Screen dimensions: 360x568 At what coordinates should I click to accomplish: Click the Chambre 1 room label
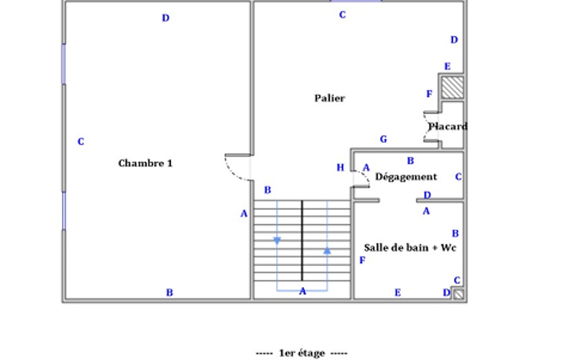tap(145, 163)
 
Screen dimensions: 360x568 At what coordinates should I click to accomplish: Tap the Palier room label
tap(330, 98)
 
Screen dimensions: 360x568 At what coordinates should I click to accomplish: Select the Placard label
tap(448, 126)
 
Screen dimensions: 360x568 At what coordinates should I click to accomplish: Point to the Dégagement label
tap(406, 177)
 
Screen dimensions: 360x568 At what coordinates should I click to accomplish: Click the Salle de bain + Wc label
tap(410, 248)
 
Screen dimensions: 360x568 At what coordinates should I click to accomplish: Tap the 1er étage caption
tap(302, 353)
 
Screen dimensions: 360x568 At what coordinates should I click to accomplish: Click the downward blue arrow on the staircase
tap(277, 240)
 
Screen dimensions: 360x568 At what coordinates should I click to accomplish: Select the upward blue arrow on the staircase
tap(327, 250)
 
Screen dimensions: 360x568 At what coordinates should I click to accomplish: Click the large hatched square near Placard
tap(452, 88)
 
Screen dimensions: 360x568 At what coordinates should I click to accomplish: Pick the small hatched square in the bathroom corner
tap(458, 295)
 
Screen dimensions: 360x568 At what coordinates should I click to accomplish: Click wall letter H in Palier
tap(340, 168)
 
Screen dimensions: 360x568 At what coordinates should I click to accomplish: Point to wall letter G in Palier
tap(383, 139)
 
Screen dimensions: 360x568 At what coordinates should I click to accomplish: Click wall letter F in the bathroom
tap(362, 260)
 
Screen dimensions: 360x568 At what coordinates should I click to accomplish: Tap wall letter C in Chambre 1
tap(80, 142)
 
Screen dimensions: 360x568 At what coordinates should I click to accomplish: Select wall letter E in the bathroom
tap(397, 292)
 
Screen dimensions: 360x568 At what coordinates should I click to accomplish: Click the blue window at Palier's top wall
tap(356, 1)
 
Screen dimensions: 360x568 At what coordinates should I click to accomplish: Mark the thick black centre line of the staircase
tap(302, 241)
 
